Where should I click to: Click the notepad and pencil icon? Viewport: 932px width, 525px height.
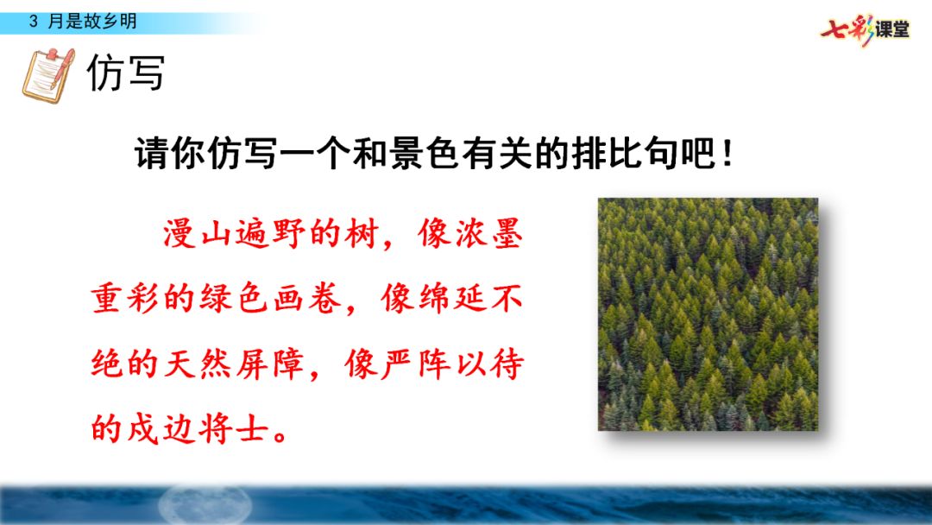coord(47,75)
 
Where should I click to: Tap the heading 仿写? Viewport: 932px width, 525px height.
coord(126,74)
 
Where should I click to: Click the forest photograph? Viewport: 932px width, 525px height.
coord(708,314)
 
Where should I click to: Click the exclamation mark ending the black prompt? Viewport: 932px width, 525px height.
coord(727,157)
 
